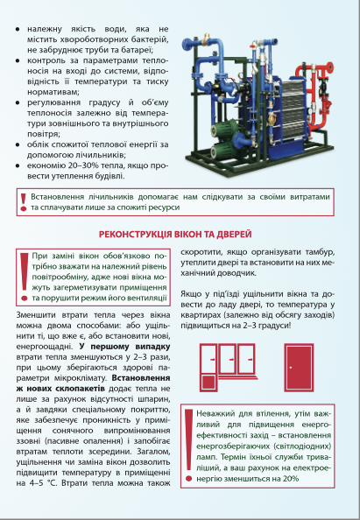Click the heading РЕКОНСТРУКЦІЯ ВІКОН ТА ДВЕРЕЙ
click(175, 235)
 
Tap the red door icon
click(299, 368)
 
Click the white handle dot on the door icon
click(291, 368)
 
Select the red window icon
click(229, 368)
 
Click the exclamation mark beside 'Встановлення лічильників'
click(24, 202)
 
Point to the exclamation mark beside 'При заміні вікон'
click(24, 277)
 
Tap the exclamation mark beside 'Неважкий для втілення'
click(189, 445)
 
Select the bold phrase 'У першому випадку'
click(124, 347)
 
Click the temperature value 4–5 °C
click(37, 483)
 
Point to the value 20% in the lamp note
click(291, 479)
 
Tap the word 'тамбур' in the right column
click(321, 252)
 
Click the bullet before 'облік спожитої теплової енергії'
click(18, 144)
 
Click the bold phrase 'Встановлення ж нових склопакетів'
click(93, 383)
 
